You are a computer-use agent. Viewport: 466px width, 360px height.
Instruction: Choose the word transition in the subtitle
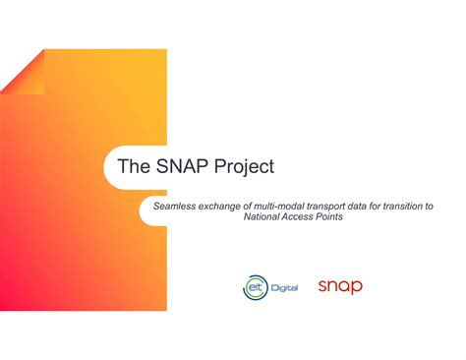(x=412, y=206)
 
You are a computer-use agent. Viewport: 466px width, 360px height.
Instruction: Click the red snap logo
(x=340, y=286)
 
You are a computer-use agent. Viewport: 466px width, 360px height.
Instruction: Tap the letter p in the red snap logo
(x=357, y=288)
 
